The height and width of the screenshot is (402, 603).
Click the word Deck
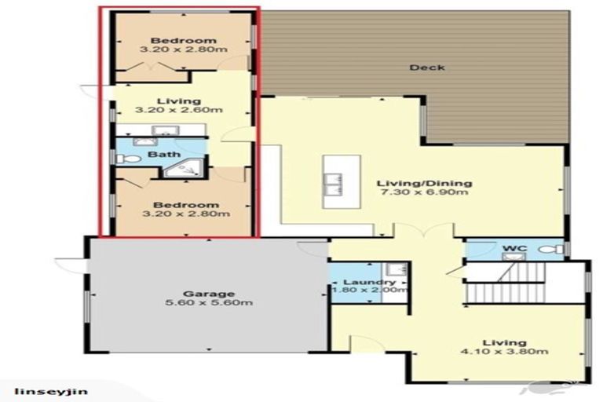[427, 68]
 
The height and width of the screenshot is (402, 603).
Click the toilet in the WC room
[552, 250]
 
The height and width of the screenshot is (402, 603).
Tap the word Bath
[163, 155]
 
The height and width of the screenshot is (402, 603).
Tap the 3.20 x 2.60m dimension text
[180, 111]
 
